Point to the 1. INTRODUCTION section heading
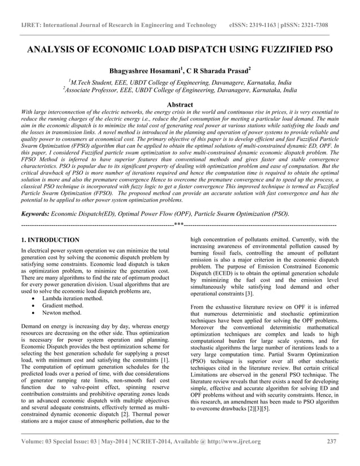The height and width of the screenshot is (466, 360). pos(50,240)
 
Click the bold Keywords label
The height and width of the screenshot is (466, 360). pos(34,214)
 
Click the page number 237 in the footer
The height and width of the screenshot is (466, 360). pos(332,441)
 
